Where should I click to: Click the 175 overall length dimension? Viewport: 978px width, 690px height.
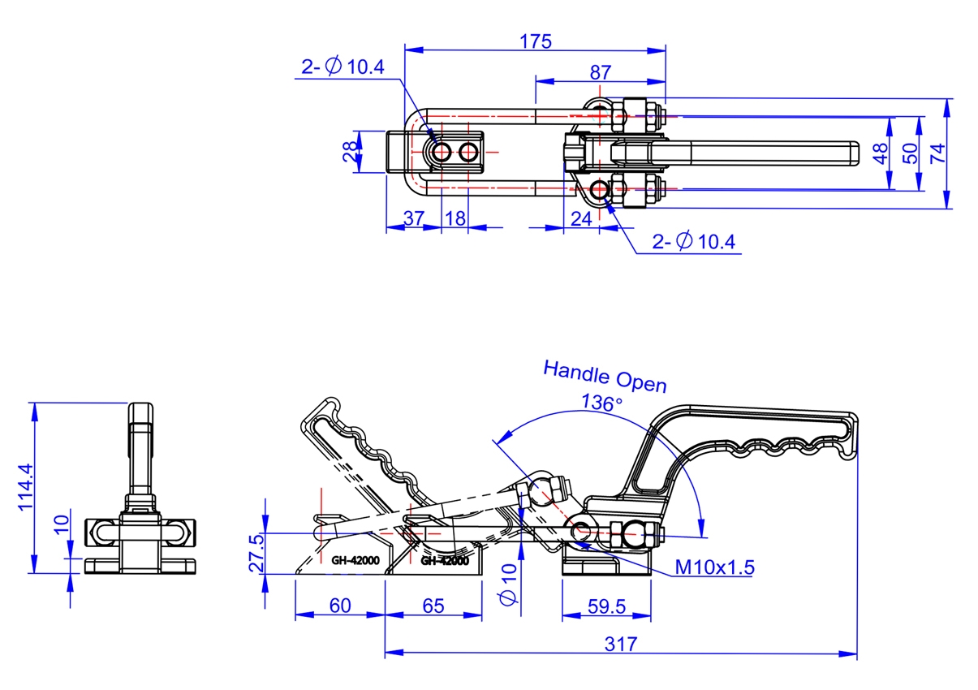[x=536, y=41]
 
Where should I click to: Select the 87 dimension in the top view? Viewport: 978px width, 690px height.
[x=600, y=71]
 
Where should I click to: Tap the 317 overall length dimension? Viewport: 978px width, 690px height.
[x=621, y=644]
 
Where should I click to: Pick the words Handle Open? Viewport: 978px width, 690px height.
[x=605, y=376]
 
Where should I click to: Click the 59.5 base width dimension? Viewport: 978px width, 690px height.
[x=605, y=606]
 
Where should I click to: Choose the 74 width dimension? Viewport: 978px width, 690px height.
[x=938, y=153]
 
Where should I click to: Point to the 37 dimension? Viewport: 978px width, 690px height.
[x=413, y=218]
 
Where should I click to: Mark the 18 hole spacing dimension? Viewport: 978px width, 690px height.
[x=455, y=218]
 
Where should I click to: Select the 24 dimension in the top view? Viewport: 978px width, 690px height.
[x=581, y=218]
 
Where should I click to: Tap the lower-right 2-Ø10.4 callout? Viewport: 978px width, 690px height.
[x=694, y=242]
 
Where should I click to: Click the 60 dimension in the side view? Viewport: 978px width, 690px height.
[x=340, y=606]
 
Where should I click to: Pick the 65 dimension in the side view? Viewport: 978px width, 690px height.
[x=433, y=606]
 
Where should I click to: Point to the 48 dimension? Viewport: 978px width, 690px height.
[x=880, y=153]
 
